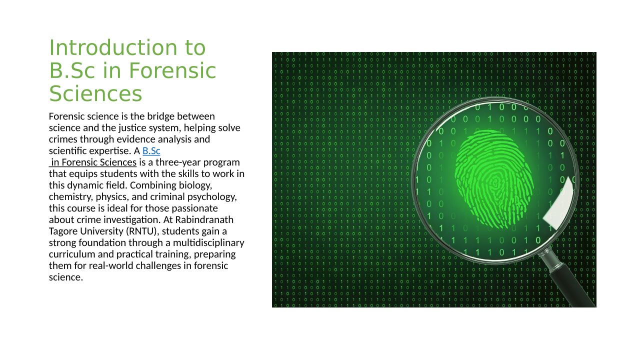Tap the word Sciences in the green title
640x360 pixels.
(x=95, y=93)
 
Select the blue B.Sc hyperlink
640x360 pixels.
(x=151, y=151)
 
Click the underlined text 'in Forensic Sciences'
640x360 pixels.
(x=93, y=162)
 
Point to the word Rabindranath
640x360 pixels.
(x=204, y=219)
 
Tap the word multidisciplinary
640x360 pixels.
(x=208, y=243)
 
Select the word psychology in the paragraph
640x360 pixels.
(x=212, y=197)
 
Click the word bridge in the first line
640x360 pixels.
(x=161, y=116)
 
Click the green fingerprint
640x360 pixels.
(x=494, y=179)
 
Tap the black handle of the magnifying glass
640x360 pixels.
(x=573, y=285)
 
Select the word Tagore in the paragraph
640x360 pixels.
(x=63, y=231)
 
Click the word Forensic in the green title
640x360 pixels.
(x=172, y=70)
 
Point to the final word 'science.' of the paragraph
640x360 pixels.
(x=66, y=277)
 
